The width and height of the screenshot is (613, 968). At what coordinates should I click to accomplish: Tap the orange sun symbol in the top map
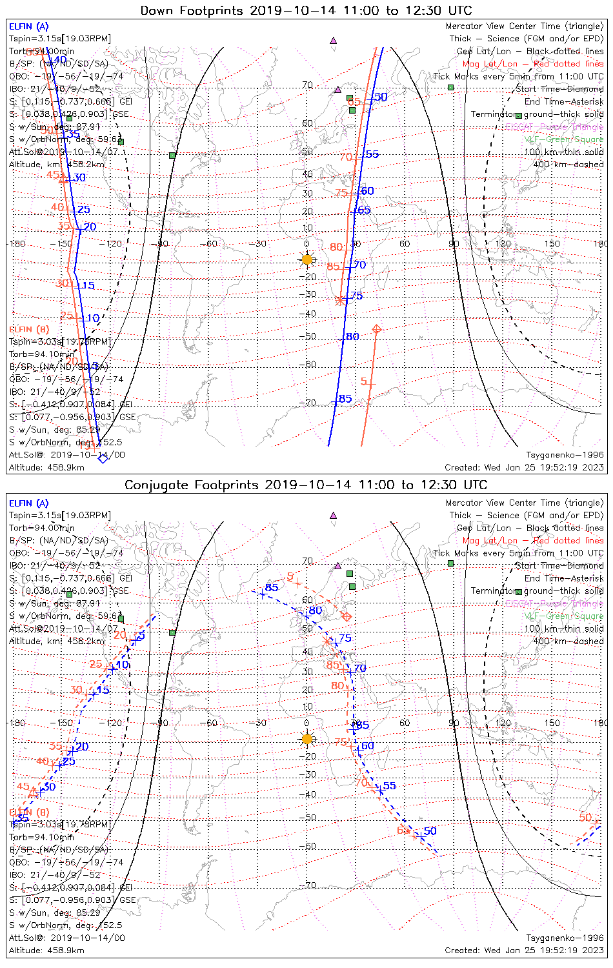point(306,259)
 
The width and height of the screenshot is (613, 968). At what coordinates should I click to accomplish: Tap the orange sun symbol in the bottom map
point(306,739)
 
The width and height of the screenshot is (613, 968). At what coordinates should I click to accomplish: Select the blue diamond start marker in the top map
point(102,458)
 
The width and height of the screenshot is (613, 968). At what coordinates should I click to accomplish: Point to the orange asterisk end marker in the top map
point(340,300)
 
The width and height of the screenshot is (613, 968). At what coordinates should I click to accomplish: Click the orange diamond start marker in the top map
point(376,330)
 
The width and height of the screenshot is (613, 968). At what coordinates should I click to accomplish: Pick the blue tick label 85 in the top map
point(345,399)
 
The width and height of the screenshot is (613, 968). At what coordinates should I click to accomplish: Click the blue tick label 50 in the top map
point(381,97)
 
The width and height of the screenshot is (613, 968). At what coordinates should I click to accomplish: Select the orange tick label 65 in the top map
point(354,102)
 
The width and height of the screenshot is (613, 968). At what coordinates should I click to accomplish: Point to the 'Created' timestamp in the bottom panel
point(524,950)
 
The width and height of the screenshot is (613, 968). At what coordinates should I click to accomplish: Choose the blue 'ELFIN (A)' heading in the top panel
point(28,26)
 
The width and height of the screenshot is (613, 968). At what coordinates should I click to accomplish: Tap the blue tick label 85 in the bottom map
point(272,587)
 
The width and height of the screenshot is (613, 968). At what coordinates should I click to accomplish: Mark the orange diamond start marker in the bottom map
point(347,617)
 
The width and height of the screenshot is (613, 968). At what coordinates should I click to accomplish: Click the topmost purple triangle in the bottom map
point(334,516)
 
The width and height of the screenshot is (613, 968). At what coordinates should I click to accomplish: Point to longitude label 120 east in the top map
point(503,244)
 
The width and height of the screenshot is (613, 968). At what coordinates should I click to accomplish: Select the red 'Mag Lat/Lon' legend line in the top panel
point(533,64)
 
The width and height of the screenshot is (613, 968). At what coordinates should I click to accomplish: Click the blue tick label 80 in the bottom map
point(315,610)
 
